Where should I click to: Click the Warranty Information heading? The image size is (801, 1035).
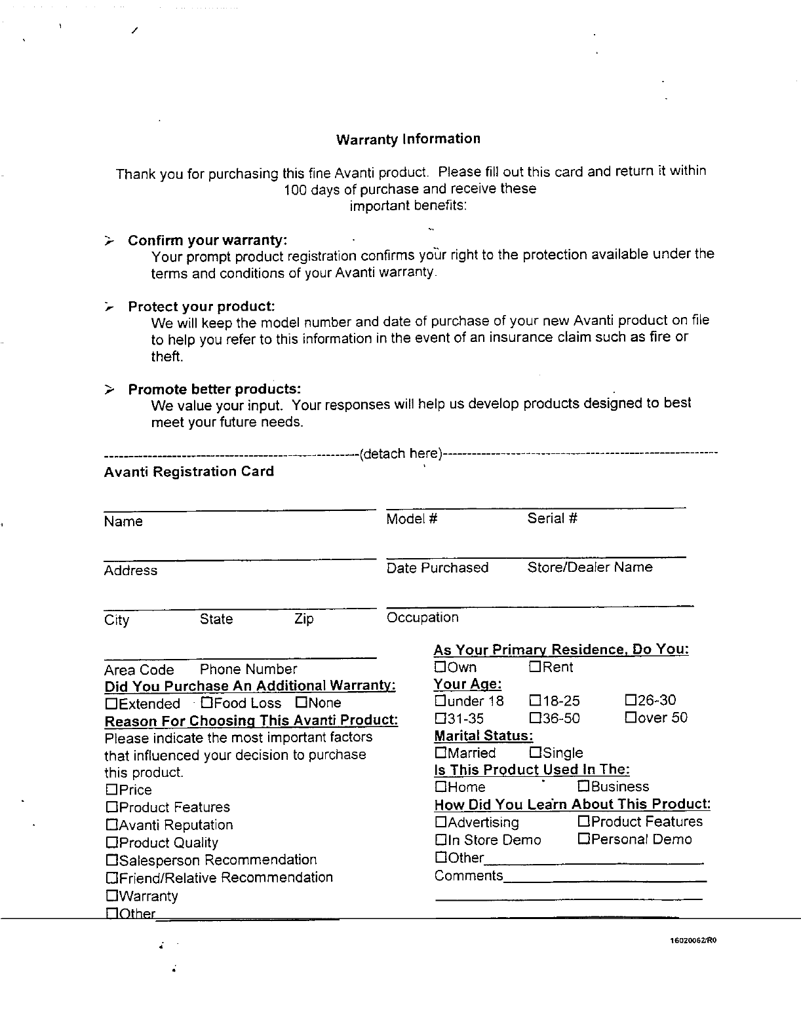click(408, 139)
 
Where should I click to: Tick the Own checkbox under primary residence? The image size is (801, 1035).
click(440, 667)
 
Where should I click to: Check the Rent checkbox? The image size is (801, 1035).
click(535, 667)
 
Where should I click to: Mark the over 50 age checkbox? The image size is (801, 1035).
click(631, 717)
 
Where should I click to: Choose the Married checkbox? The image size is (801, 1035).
click(440, 753)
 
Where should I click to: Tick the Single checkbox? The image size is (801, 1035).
click(535, 753)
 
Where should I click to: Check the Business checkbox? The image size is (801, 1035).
click(583, 786)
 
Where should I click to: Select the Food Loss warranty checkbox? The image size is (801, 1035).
click(206, 703)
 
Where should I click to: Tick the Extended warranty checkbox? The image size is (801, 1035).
click(111, 704)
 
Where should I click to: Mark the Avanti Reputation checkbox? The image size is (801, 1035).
click(111, 825)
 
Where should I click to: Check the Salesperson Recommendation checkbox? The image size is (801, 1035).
click(111, 859)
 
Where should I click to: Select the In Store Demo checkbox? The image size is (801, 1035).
click(440, 839)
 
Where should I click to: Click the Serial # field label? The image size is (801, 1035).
click(552, 519)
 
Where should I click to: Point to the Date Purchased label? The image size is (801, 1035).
click(437, 567)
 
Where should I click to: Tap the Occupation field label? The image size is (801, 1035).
click(422, 617)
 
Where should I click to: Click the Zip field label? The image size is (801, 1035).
click(304, 619)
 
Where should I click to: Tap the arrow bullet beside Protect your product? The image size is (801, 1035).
click(109, 307)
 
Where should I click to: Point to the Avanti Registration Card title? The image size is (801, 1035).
click(189, 472)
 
